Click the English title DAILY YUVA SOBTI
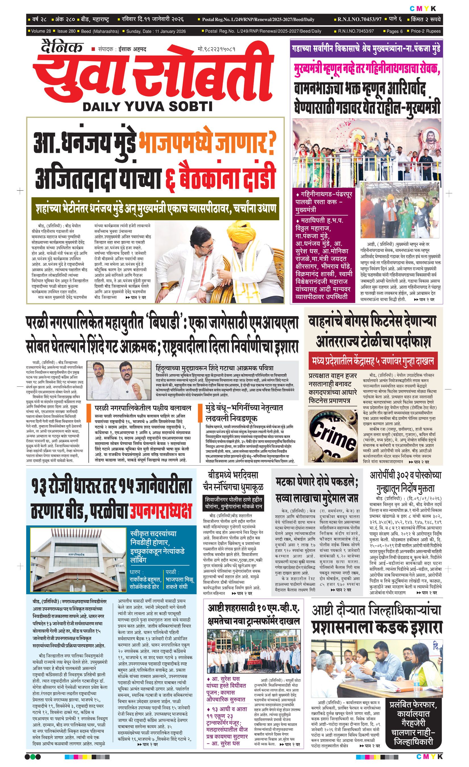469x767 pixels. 147,107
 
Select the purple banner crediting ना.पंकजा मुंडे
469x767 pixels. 366,49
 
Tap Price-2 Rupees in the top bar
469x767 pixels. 426,31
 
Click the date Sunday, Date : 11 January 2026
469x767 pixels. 156,31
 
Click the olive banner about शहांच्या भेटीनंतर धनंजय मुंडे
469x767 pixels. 155,208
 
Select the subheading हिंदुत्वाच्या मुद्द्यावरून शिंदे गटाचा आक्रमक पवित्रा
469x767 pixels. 215,368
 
